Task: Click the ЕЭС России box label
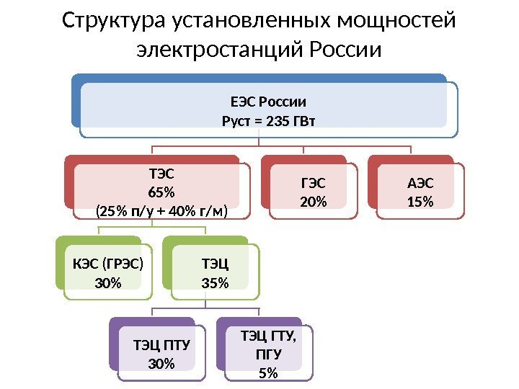(x=268, y=102)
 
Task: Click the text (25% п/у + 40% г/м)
(x=161, y=212)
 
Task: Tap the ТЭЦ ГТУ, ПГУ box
(x=268, y=353)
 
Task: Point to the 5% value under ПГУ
(x=268, y=373)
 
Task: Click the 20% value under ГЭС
(x=313, y=202)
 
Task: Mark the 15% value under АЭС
(x=420, y=202)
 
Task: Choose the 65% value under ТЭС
(x=161, y=192)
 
